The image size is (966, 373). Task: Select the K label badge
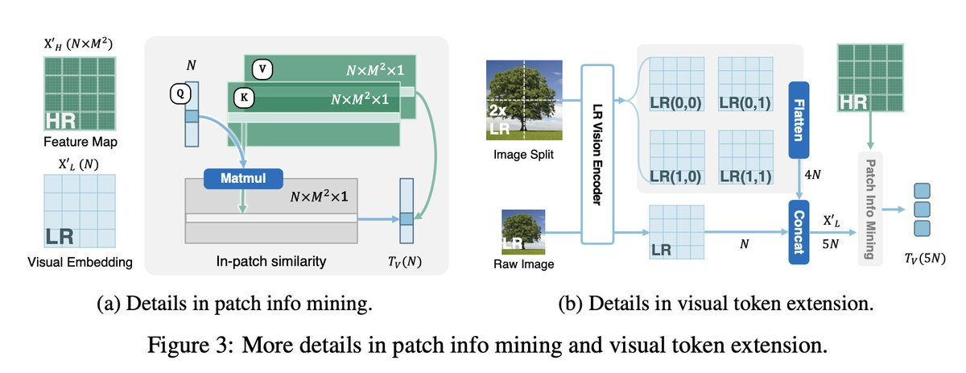(242, 95)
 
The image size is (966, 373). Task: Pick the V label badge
(262, 69)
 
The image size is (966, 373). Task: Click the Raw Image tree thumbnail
(523, 232)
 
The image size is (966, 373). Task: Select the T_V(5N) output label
(923, 259)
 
